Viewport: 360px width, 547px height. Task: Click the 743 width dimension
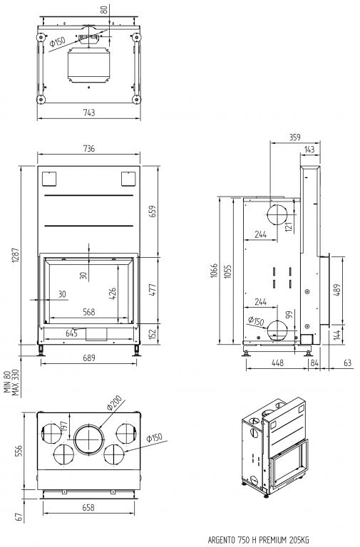pos(89,113)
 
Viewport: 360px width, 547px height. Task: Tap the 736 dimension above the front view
pos(89,148)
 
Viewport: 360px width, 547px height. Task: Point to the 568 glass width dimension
pos(89,312)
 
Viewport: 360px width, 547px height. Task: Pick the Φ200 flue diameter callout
pos(114,402)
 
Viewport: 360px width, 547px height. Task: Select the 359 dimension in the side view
pos(294,137)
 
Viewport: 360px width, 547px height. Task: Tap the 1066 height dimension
pos(214,271)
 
